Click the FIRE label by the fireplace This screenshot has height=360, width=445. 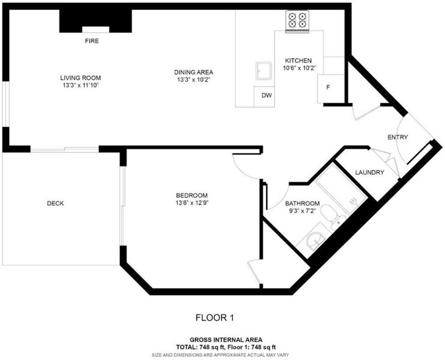pyautogui.click(x=92, y=41)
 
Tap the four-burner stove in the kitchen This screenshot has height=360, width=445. pyautogui.click(x=297, y=21)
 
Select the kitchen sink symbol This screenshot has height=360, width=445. pyautogui.click(x=264, y=71)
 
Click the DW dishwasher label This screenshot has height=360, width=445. pyautogui.click(x=267, y=95)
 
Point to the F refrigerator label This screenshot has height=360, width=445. pyautogui.click(x=328, y=88)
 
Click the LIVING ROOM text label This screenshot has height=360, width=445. pyautogui.click(x=80, y=78)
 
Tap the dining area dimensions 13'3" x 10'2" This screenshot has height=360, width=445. pyautogui.click(x=193, y=80)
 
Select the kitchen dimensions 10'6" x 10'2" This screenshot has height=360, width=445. pyautogui.click(x=300, y=68)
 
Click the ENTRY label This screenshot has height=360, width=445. pyautogui.click(x=398, y=137)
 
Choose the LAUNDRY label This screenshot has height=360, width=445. pyautogui.click(x=369, y=172)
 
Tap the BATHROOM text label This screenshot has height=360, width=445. pyautogui.click(x=302, y=203)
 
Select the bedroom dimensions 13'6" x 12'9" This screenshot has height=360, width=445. pyautogui.click(x=192, y=203)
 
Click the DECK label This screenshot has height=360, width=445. pyautogui.click(x=55, y=203)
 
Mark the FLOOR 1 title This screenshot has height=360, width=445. pyautogui.click(x=215, y=318)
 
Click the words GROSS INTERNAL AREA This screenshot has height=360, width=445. pyautogui.click(x=226, y=340)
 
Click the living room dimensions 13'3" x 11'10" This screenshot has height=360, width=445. pyautogui.click(x=80, y=86)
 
